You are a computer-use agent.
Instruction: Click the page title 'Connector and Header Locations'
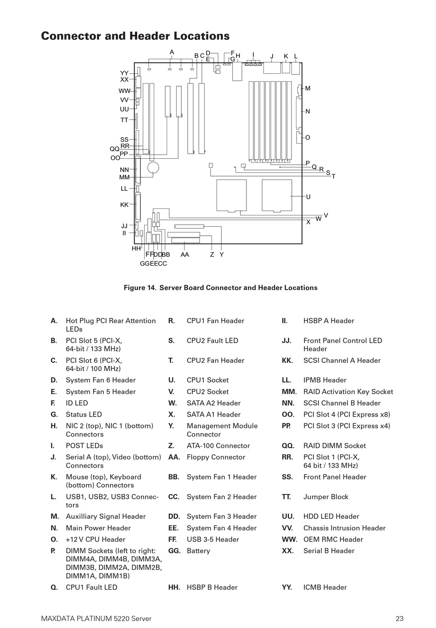click(135, 36)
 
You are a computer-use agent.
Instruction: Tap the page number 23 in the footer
click(400, 618)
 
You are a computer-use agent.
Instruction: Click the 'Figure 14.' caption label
click(140, 288)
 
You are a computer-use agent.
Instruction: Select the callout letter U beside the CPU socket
click(308, 197)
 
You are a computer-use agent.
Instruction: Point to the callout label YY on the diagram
click(124, 73)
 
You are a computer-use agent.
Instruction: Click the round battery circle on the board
click(153, 168)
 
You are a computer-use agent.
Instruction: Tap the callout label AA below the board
click(184, 255)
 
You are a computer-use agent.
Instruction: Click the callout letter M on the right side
click(307, 88)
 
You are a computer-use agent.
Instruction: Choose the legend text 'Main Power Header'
click(98, 528)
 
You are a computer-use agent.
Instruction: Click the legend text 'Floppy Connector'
click(216, 457)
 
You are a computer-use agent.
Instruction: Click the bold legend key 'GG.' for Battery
click(174, 551)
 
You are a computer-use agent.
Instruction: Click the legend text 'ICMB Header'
click(325, 587)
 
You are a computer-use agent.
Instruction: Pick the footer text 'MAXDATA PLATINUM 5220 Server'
click(96, 618)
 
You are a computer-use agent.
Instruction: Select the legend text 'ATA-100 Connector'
click(218, 445)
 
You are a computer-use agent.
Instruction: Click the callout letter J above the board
click(272, 56)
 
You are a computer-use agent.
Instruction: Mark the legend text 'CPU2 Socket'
click(207, 391)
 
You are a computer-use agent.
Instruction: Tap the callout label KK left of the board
click(124, 205)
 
